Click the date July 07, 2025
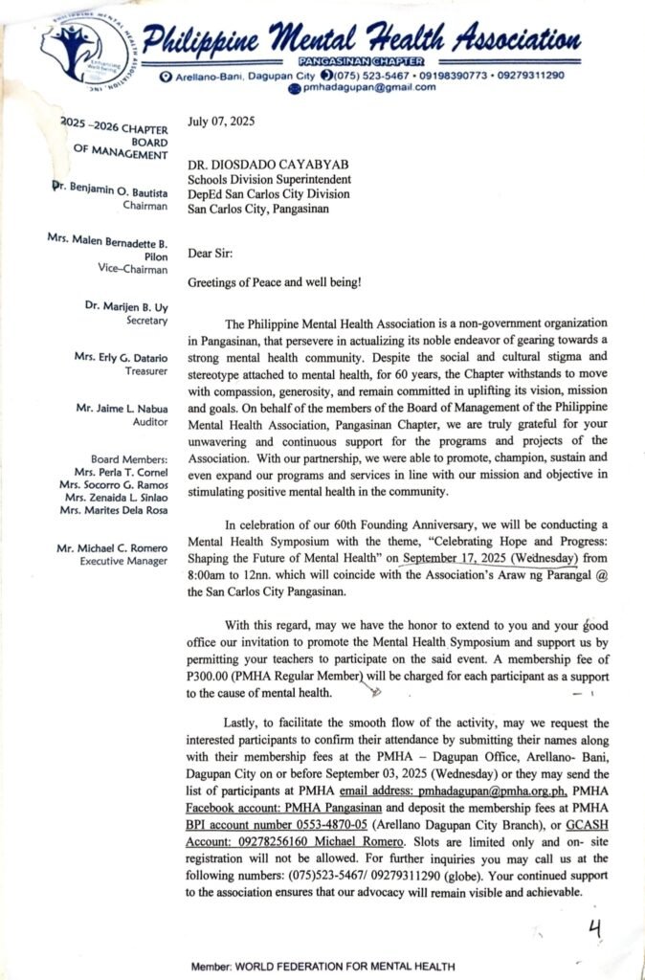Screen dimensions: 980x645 point(221,122)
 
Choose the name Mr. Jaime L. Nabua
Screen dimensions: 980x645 point(122,408)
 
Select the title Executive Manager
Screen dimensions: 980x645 point(124,561)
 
